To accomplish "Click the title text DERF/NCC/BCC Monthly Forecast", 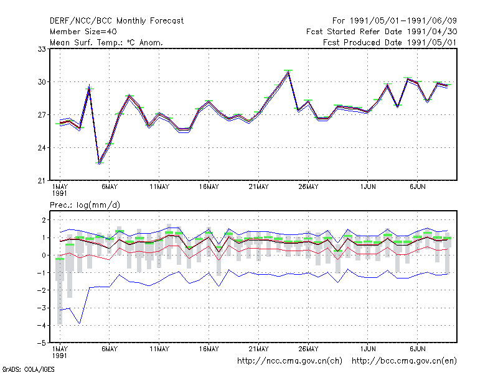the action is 116,21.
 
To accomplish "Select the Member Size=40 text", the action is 83,32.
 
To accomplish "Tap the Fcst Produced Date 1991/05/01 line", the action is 390,42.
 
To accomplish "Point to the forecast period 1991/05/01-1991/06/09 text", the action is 395,21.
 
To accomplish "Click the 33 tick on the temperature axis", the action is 42,49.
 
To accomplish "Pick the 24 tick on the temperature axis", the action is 42,148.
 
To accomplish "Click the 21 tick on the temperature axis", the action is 42,181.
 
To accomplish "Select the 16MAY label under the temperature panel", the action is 209,187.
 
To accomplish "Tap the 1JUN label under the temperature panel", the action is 368,187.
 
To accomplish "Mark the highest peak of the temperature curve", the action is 288,72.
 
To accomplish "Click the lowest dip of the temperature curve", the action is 100,163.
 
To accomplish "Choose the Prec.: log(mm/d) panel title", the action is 85,205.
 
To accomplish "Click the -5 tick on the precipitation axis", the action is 42,343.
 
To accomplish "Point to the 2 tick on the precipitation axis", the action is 44,220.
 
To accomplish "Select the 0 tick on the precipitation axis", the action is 44,256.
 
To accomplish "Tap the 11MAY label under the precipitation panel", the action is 159,349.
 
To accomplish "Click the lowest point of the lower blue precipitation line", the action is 80,323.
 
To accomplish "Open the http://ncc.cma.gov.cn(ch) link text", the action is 289,361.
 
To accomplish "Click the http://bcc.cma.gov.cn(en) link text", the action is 404,361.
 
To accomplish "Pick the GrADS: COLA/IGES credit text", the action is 29,369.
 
